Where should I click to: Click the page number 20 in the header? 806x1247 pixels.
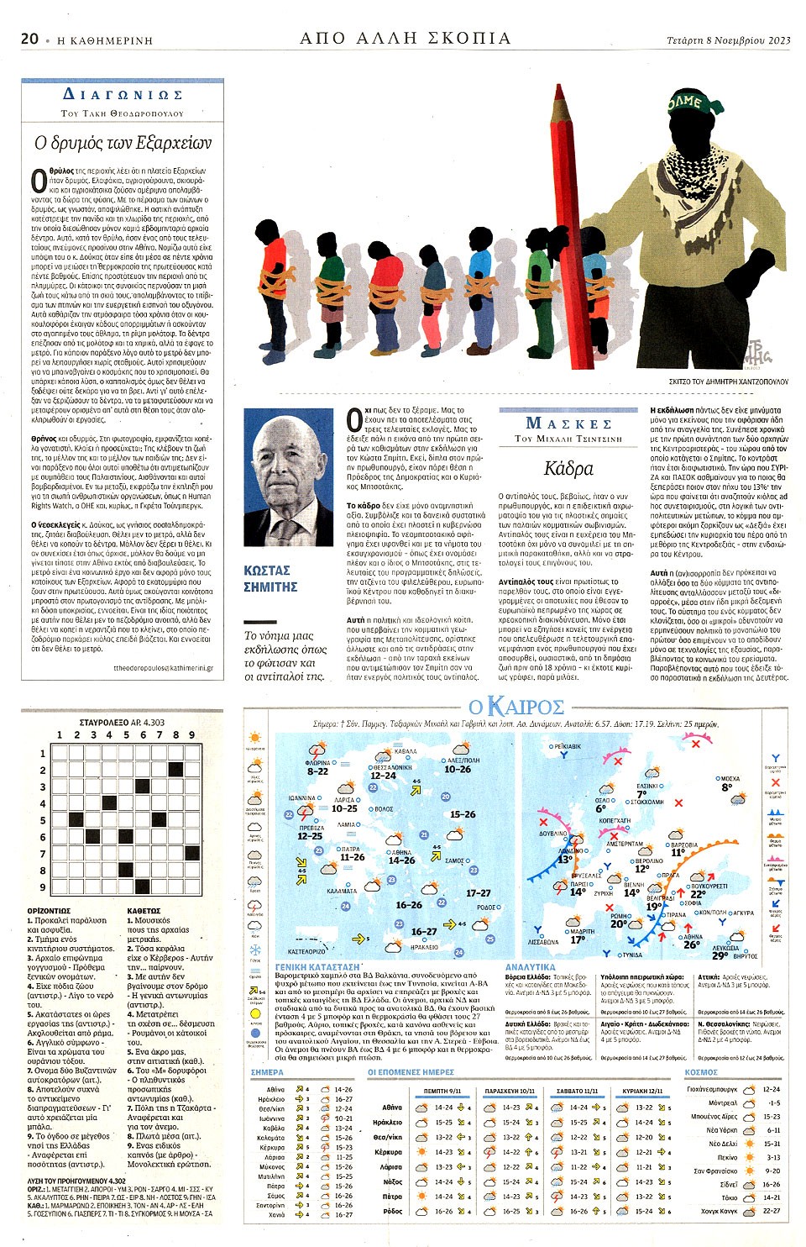point(30,38)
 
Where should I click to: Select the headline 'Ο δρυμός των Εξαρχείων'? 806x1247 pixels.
point(123,143)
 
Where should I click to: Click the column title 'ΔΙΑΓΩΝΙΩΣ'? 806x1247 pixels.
point(123,95)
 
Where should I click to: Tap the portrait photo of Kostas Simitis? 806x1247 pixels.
point(288,476)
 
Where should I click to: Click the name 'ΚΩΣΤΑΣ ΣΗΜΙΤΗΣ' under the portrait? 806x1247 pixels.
point(270,578)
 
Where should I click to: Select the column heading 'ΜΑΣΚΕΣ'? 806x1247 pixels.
point(568,423)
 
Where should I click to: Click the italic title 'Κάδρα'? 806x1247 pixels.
point(568,468)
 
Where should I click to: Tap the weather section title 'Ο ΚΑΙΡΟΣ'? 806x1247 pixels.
point(516,707)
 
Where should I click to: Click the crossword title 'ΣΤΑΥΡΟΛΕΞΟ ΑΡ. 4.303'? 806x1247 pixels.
point(122,722)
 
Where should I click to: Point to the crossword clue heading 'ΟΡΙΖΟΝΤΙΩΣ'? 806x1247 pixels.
point(49,911)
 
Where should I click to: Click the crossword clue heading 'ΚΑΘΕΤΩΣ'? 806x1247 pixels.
point(144,911)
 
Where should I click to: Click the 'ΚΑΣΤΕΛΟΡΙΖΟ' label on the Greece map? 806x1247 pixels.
point(306,951)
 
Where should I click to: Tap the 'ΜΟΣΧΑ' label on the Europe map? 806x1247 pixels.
point(730,778)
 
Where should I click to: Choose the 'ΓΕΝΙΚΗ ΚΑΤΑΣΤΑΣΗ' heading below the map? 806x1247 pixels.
point(317,967)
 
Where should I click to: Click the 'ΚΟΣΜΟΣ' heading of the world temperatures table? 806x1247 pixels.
point(701,1072)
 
